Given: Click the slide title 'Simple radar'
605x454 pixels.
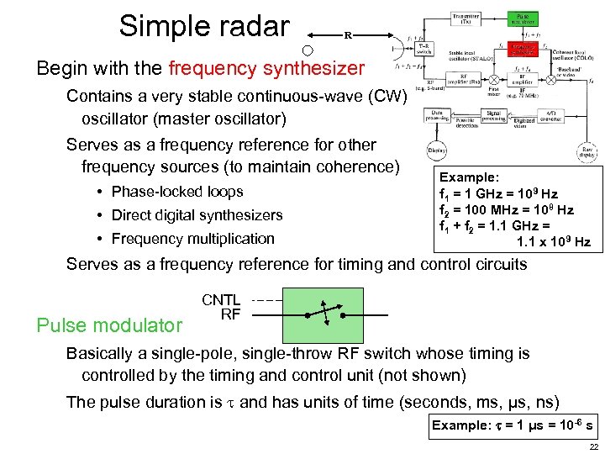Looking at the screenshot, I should pyautogui.click(x=204, y=26).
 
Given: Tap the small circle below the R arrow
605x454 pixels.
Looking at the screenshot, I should pyautogui.click(x=308, y=50).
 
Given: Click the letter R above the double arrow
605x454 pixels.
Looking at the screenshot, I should pyautogui.click(x=347, y=35).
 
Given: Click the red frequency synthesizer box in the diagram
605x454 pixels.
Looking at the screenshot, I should pyautogui.click(x=523, y=49).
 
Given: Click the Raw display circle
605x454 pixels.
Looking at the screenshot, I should pyautogui.click(x=587, y=152).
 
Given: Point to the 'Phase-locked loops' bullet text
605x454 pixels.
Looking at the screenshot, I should pyautogui.click(x=177, y=192).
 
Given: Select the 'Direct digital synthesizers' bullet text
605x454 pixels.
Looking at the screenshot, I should pyautogui.click(x=197, y=215).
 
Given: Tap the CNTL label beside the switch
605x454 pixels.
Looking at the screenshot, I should pyautogui.click(x=221, y=300).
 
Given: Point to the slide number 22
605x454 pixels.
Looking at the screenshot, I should pyautogui.click(x=593, y=446).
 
